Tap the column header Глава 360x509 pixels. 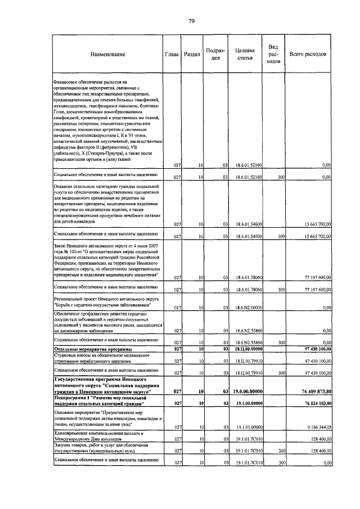(x=172, y=54)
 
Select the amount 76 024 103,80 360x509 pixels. (x=314, y=403)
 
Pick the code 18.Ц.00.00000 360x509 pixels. (x=246, y=349)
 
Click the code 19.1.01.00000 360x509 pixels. (x=246, y=427)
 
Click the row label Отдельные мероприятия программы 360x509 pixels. (x=90, y=349)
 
